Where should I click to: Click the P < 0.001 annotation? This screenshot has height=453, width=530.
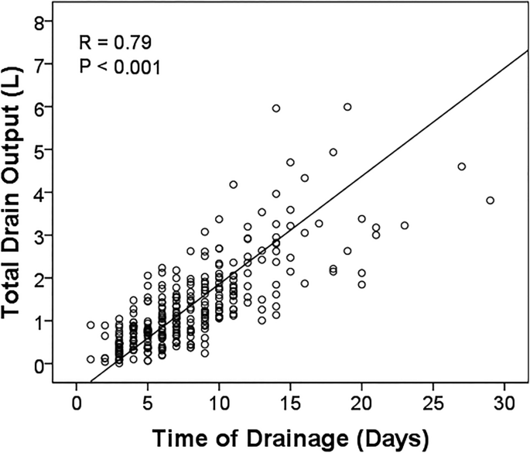120,67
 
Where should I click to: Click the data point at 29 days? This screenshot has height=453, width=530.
490,201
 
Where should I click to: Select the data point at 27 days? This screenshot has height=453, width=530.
461,166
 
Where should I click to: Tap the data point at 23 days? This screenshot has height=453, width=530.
404,225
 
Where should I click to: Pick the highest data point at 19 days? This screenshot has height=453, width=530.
347,107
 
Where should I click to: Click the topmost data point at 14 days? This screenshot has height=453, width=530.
276,108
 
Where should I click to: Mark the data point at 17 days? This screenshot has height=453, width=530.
319,223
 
